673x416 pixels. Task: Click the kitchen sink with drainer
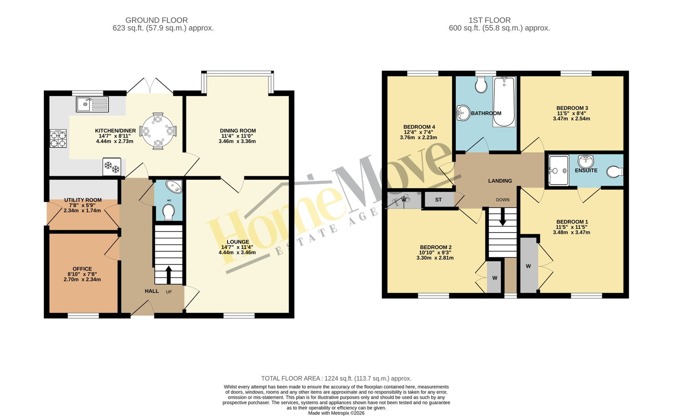click(92, 104)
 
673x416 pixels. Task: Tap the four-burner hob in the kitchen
click(58, 138)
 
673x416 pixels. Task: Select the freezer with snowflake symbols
click(112, 167)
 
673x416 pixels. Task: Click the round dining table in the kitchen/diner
click(158, 131)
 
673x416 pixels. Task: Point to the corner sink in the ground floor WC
click(175, 186)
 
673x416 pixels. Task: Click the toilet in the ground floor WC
click(169, 212)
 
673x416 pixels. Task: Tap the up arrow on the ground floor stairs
click(169, 275)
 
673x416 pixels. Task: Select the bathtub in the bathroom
click(504, 101)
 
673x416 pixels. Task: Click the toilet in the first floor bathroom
click(481, 85)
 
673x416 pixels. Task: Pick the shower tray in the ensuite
click(559, 170)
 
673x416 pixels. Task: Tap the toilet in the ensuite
click(615, 172)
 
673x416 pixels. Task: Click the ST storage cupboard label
click(438, 200)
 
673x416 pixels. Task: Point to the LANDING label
click(500, 181)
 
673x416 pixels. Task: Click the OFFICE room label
click(82, 269)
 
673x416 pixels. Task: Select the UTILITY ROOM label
click(83, 200)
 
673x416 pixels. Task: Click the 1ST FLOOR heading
click(490, 20)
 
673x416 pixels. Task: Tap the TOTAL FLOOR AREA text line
click(336, 379)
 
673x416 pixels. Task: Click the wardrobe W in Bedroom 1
click(528, 266)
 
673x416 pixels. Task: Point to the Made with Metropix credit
click(336, 413)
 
